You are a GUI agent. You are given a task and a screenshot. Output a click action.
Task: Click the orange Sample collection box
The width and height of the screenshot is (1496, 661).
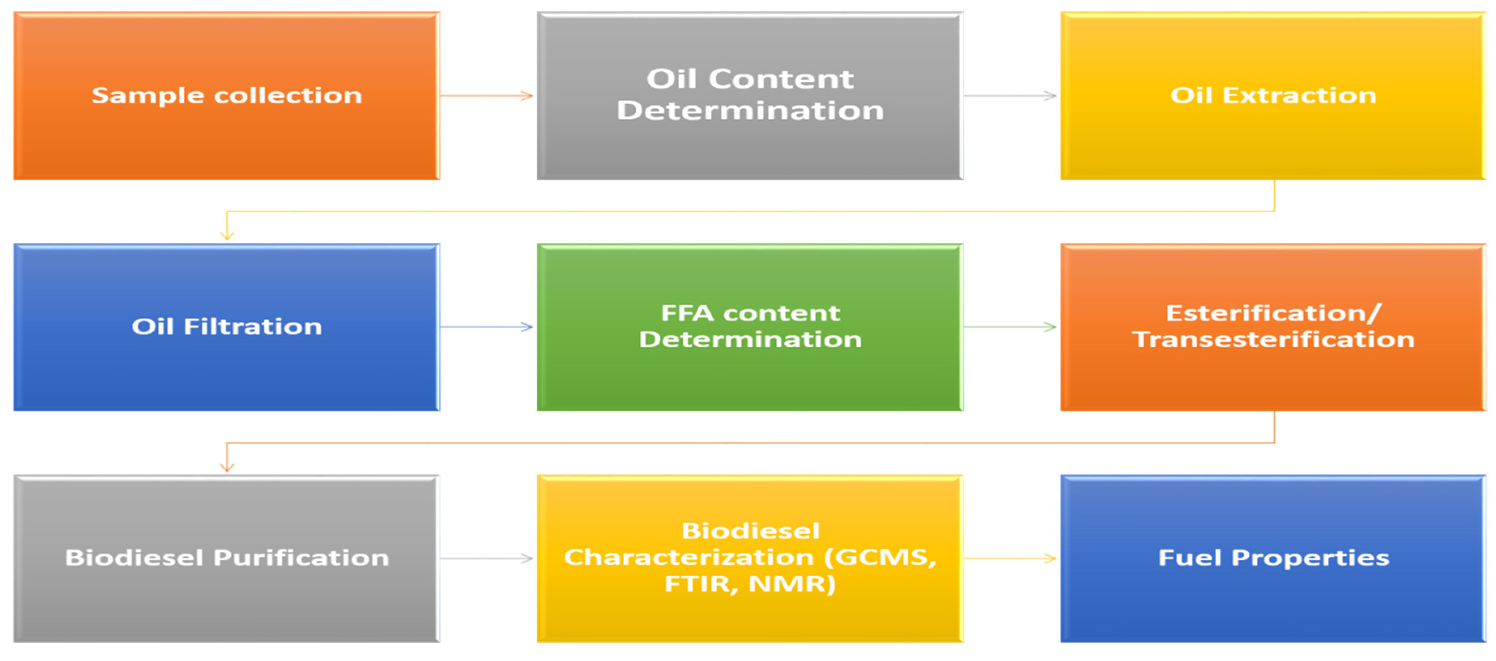(x=226, y=96)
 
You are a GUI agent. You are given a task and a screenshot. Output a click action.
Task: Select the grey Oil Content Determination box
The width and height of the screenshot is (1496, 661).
(x=750, y=96)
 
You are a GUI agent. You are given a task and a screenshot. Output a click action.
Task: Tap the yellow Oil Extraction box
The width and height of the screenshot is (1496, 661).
(x=1273, y=96)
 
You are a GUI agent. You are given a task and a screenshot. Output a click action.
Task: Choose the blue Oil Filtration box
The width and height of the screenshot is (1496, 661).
(x=226, y=327)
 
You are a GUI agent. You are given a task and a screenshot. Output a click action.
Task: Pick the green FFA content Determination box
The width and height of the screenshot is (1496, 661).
(x=750, y=327)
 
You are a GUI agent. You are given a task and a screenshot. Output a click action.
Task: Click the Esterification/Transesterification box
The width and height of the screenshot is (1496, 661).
(x=1273, y=327)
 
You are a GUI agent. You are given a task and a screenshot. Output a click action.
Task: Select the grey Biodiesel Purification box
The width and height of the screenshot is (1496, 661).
(x=226, y=559)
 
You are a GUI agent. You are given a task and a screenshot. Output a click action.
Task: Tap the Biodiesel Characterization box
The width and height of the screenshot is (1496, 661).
(x=750, y=559)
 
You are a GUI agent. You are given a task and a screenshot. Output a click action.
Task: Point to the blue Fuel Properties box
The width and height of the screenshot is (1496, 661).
(x=1273, y=559)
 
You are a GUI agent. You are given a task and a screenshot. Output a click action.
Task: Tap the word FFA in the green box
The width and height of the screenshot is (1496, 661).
(x=687, y=314)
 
